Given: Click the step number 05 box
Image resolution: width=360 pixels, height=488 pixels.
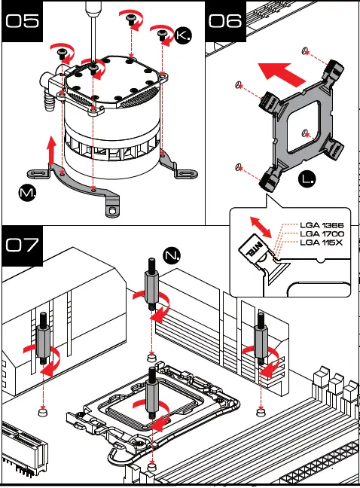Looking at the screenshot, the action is tap(22, 21).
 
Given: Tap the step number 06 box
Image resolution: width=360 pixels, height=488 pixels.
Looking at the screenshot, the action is tap(225, 21).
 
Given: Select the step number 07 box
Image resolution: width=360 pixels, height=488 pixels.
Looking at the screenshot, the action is tap(22, 246).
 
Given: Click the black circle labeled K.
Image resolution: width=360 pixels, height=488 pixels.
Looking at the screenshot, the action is tap(183, 35).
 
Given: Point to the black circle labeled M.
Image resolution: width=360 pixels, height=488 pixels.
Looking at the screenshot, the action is tap(27, 193).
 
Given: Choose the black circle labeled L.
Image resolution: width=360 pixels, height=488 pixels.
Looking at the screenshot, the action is tap(307, 179).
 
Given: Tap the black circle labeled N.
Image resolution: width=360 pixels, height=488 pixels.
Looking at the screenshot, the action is tap(172, 255).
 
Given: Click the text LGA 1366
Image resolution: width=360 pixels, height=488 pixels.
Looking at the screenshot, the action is tap(322, 225).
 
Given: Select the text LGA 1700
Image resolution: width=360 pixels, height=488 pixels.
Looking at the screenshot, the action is tap(322, 233).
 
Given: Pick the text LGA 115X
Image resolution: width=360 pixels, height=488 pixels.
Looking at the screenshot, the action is tap(321, 242).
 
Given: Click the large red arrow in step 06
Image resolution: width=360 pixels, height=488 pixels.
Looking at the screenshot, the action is tap(282, 73).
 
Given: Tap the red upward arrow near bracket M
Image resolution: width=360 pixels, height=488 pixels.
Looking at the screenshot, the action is tap(51, 150).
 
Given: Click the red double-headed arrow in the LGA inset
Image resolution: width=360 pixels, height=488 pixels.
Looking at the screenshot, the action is tap(261, 227).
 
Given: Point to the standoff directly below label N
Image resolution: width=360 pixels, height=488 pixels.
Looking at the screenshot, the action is tap(151, 284).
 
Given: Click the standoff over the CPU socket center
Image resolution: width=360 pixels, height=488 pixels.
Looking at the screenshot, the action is tap(152, 393).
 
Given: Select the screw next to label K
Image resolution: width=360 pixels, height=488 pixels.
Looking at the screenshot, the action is tap(163, 35).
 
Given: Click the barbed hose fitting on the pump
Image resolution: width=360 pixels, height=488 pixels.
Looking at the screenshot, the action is tap(50, 100).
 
